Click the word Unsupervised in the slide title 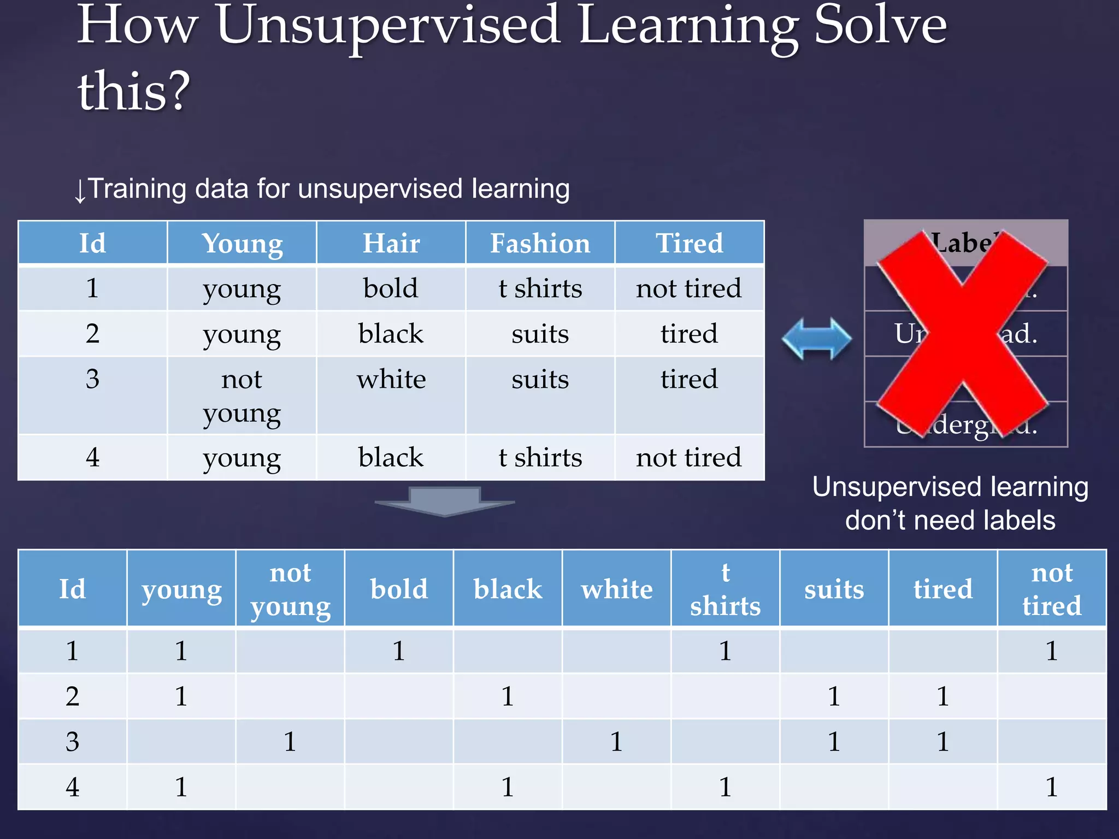[388, 26]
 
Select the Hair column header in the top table [391, 243]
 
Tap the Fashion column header [540, 243]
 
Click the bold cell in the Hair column [391, 288]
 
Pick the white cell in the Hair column [391, 379]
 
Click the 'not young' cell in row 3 [242, 396]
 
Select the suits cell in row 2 [540, 334]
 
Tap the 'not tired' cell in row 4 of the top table [688, 457]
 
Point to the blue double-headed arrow [816, 339]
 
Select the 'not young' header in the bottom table [290, 589]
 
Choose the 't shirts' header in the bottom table [725, 589]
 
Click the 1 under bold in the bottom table [399, 651]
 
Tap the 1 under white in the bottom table [616, 742]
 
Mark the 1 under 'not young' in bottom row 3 [290, 742]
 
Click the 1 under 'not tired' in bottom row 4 [1051, 787]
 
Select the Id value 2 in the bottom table [72, 696]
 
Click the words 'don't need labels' [950, 520]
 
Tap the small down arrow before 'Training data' [80, 191]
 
